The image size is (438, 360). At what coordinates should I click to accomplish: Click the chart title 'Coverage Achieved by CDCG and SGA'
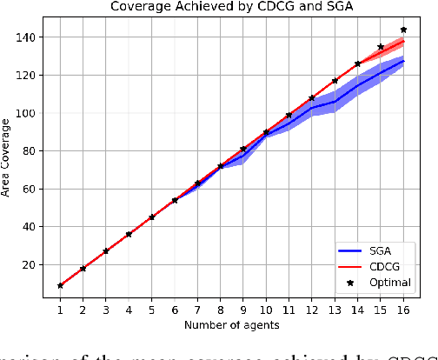coord(231,9)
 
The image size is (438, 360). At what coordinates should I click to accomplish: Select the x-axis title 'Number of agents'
coord(231,324)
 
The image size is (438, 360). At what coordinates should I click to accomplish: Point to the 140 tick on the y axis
coord(31,37)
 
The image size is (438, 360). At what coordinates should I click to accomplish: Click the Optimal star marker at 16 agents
coord(403,30)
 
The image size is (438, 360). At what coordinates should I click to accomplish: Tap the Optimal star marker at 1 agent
coord(60,285)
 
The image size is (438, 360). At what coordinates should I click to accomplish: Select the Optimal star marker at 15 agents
coord(381,47)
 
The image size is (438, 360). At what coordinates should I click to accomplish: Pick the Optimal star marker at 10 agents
coord(266,132)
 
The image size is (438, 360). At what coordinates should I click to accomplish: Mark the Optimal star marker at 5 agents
coord(151,217)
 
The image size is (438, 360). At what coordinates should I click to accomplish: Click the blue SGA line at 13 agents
coord(335,102)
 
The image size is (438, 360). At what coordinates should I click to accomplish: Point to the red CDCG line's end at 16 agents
coord(403,42)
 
